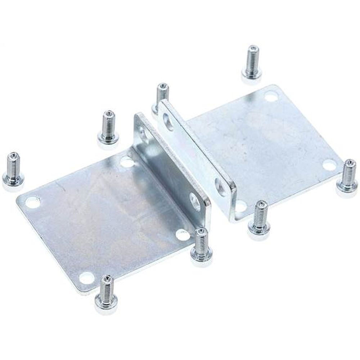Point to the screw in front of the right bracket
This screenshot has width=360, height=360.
coord(259,217)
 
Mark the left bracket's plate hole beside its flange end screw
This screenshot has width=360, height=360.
coord(183,235)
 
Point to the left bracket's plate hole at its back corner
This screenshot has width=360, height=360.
coord(126,162)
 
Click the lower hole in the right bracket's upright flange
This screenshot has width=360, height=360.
coord(220,186)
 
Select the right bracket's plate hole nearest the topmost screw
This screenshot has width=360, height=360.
coord(271,96)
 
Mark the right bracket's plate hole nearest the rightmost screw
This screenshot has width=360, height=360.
coord(329,165)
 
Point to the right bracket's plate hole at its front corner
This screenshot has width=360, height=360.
coord(240,206)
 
